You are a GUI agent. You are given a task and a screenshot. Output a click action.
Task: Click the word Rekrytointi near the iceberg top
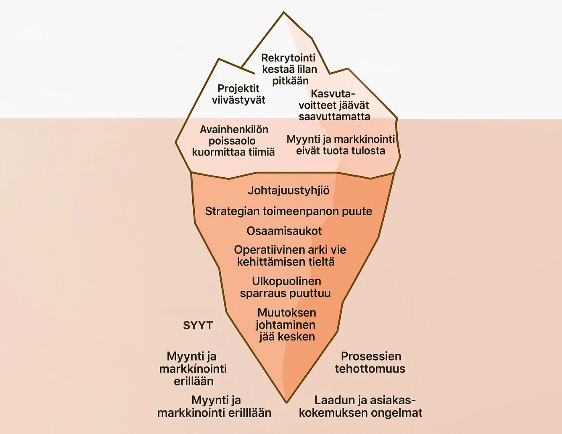(x=288, y=58)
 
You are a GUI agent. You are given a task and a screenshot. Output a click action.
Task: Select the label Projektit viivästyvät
(x=238, y=94)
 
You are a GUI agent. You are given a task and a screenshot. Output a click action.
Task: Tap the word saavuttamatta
(x=334, y=116)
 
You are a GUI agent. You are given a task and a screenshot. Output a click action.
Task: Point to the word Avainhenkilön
(x=234, y=130)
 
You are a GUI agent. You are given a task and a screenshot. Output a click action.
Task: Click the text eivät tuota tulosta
(x=340, y=151)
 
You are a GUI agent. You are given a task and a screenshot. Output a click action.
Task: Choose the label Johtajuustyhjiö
(x=288, y=190)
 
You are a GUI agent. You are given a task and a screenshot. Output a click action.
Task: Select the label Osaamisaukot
(x=284, y=231)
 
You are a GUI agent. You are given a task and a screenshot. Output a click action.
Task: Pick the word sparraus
(x=262, y=293)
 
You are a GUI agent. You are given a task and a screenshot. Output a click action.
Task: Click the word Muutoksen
(x=286, y=312)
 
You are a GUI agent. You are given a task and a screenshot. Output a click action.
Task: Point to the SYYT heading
(x=198, y=325)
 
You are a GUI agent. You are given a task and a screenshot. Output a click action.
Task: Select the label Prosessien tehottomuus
(x=370, y=362)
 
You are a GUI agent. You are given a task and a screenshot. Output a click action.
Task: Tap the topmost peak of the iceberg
(x=284, y=13)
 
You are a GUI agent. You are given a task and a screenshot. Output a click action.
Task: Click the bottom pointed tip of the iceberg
(x=286, y=401)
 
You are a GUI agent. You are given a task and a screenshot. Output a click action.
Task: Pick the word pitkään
(x=290, y=81)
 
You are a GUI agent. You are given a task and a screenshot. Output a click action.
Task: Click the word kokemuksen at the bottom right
(x=333, y=413)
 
